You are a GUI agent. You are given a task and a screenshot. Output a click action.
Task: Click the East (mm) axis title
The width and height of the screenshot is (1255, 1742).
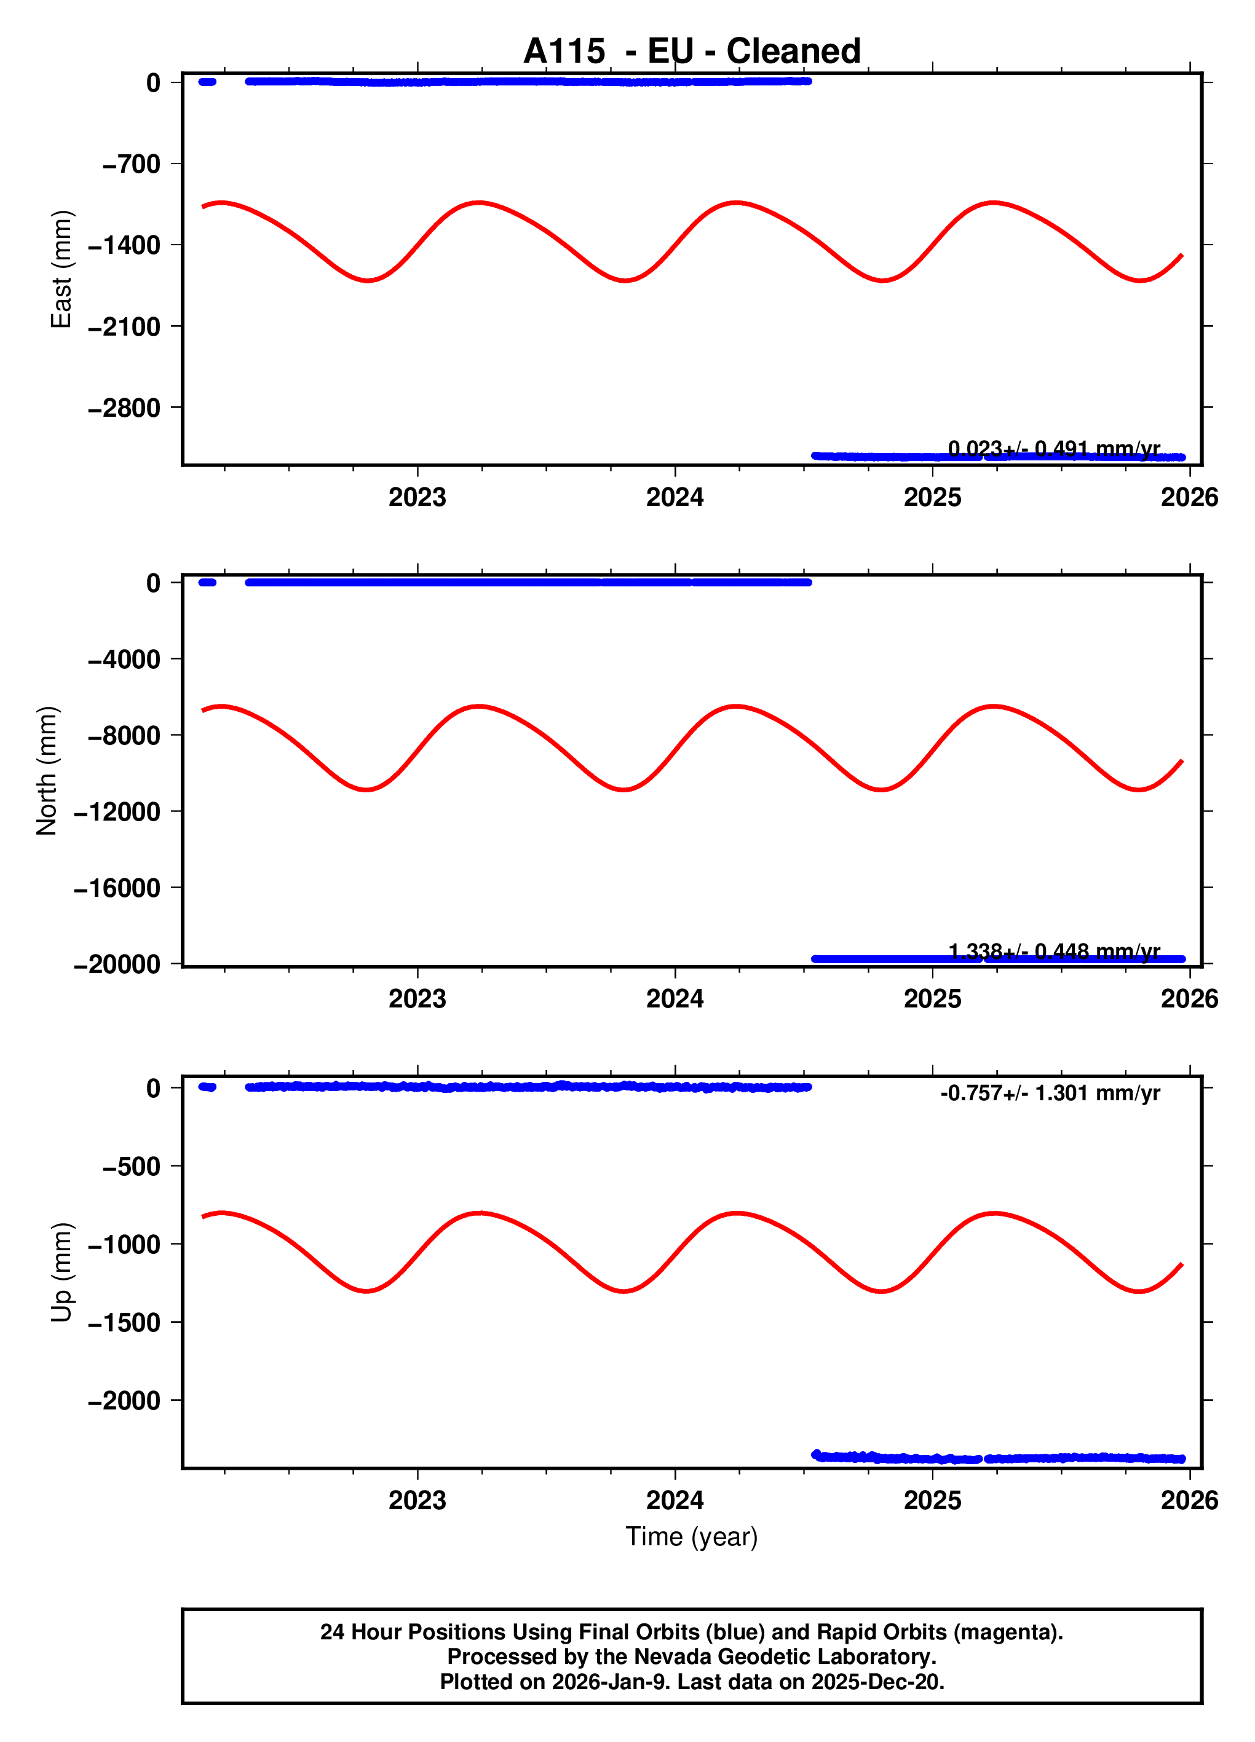tap(61, 269)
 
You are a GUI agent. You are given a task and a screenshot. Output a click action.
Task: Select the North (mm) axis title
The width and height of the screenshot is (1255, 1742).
tap(47, 770)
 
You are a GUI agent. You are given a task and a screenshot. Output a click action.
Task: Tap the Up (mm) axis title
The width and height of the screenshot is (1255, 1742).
tap(61, 1272)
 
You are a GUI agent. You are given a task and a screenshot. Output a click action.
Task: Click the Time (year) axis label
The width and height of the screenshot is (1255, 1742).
tap(692, 1536)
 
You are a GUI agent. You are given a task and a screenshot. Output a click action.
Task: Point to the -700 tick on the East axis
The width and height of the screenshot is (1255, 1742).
tap(132, 164)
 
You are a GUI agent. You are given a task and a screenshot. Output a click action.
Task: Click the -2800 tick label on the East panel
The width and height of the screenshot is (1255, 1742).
tap(124, 408)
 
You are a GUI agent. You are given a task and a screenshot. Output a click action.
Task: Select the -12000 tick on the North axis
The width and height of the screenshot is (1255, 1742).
tap(117, 811)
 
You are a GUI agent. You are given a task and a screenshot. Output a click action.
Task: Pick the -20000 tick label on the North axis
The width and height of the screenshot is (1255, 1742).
tap(117, 964)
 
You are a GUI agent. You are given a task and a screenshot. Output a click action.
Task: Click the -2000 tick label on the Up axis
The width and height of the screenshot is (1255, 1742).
tap(124, 1401)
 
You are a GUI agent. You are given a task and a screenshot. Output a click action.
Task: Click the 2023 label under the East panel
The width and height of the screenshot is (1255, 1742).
tap(418, 498)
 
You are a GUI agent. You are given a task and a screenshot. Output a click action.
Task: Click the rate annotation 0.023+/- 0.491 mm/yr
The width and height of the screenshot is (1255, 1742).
tap(1054, 449)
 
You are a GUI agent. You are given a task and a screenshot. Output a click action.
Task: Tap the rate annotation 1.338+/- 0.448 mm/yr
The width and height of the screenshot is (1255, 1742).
tap(1054, 952)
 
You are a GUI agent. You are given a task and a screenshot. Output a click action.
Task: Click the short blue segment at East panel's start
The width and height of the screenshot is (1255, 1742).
tap(207, 81)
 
